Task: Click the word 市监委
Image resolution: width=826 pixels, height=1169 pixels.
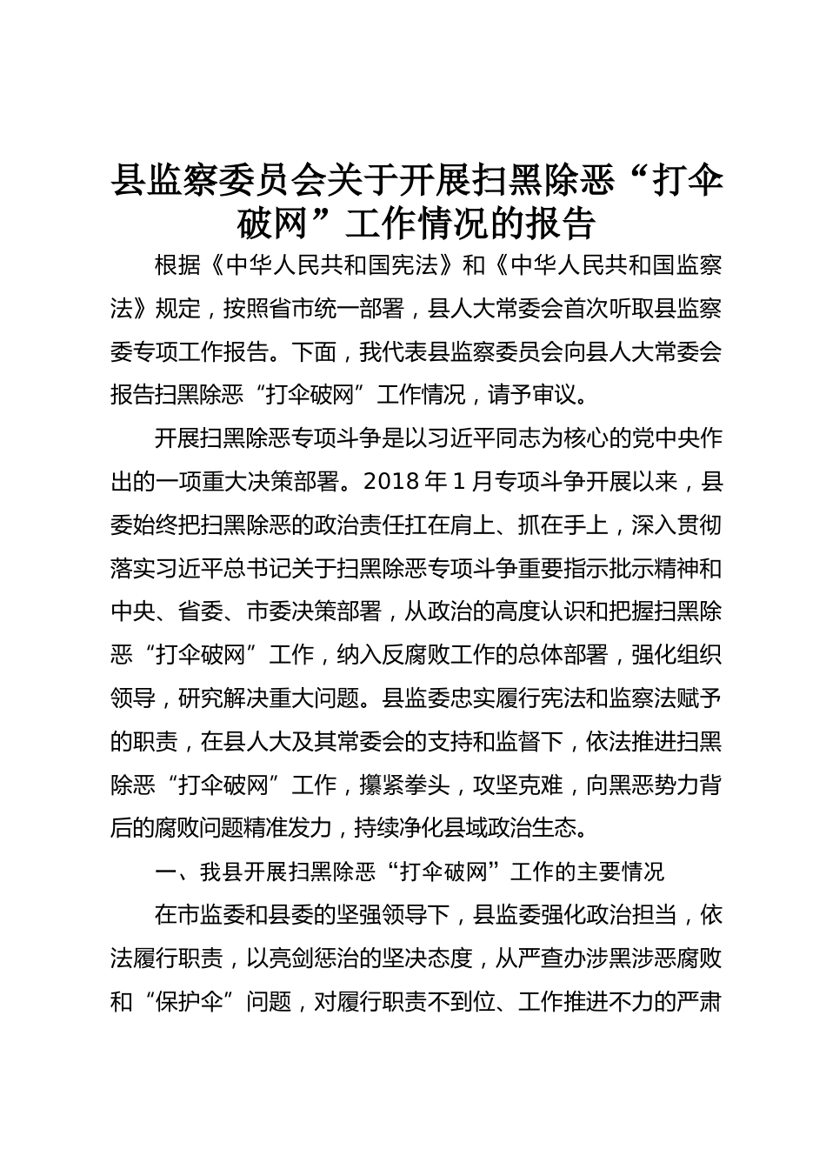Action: (x=212, y=915)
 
